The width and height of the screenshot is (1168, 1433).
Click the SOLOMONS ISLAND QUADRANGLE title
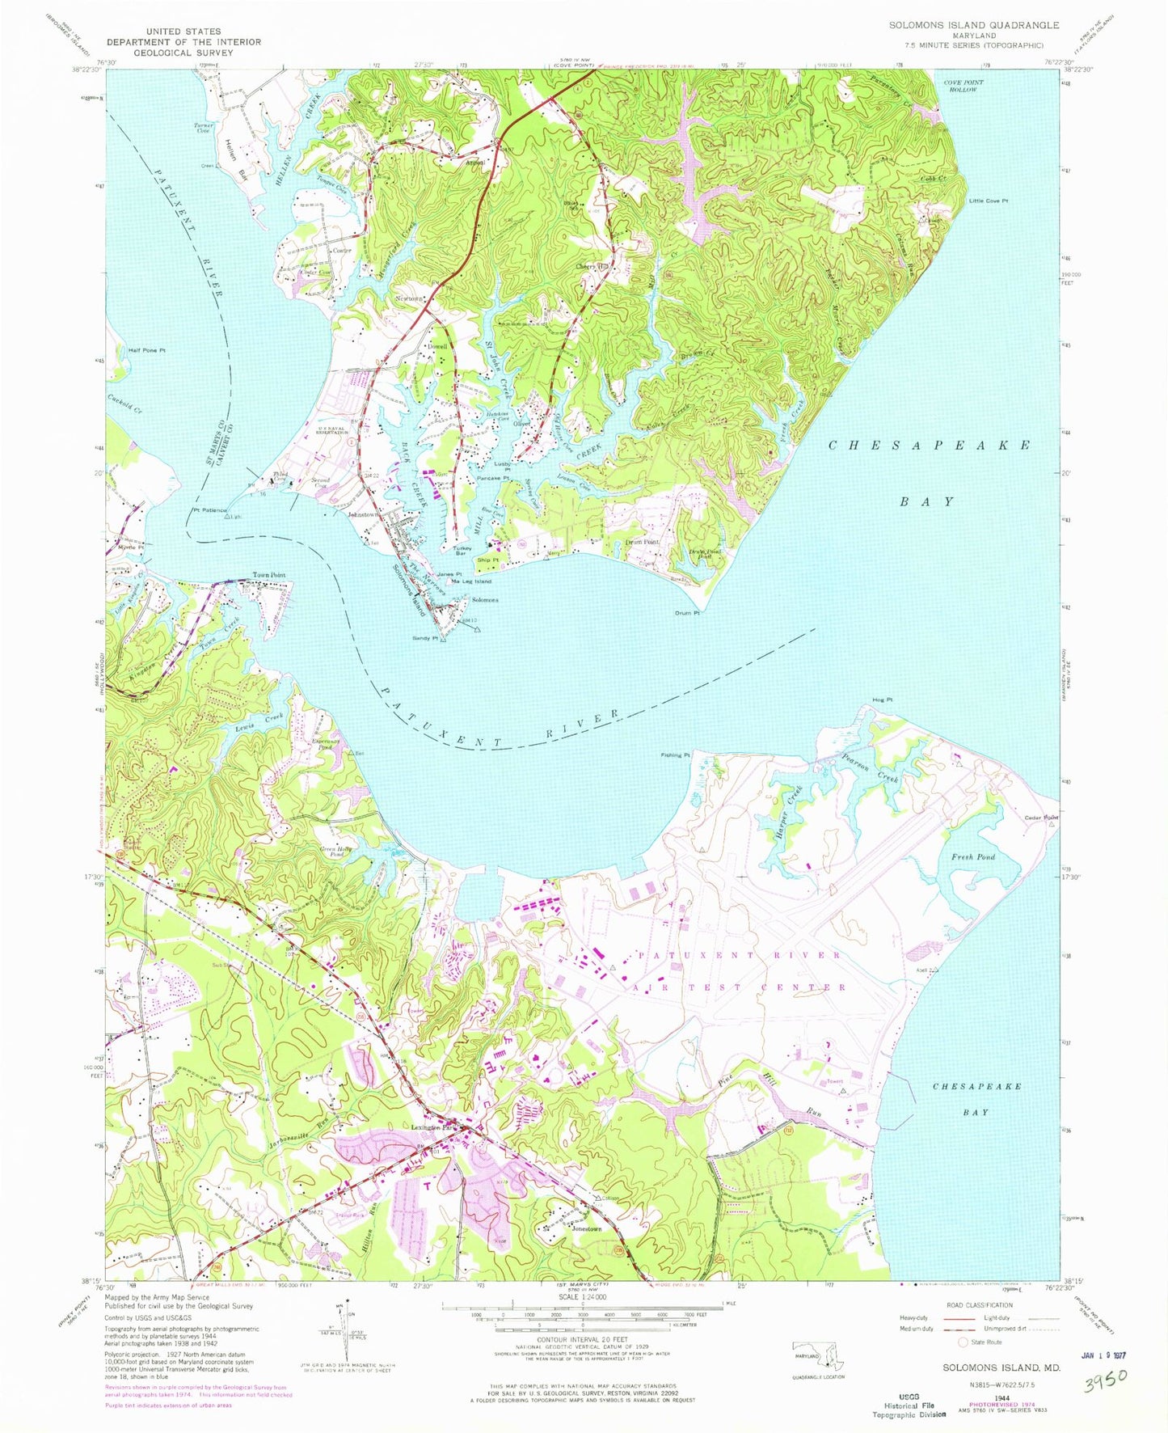(x=973, y=25)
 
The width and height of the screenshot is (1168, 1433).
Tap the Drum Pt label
(x=686, y=613)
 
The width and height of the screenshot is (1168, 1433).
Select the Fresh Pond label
(x=972, y=856)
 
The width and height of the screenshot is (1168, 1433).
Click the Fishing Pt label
(x=675, y=755)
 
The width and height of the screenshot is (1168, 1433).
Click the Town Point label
(x=268, y=575)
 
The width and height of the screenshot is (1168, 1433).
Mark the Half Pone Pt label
(x=146, y=350)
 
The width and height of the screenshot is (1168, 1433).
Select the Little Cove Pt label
(x=989, y=201)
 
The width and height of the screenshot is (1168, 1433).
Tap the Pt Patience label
(x=209, y=510)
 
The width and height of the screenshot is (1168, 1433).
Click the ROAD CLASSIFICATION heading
(x=979, y=1305)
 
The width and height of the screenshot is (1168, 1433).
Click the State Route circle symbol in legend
(x=963, y=1342)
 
